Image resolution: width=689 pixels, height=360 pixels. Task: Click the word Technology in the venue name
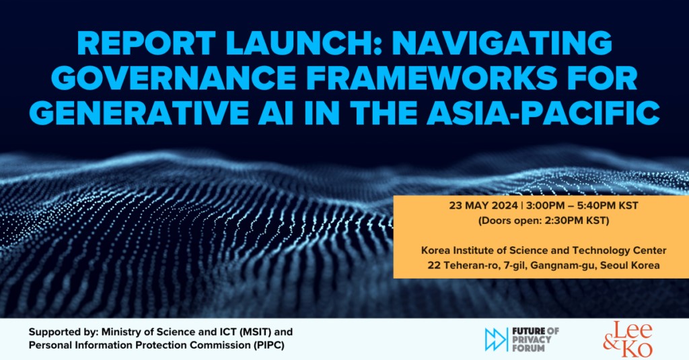click(602, 250)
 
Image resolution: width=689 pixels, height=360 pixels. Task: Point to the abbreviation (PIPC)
click(269, 345)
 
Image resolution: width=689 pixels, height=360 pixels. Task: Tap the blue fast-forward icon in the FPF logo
click(496, 339)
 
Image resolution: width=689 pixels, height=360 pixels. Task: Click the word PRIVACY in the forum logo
click(532, 339)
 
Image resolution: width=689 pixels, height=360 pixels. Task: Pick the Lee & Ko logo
click(628, 338)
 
